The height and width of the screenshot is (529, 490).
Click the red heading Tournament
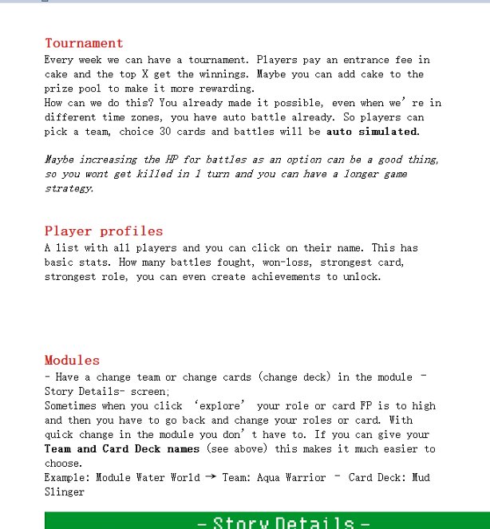coord(84,43)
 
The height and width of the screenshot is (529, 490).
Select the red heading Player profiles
coord(104,231)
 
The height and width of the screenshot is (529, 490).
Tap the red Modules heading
coord(72,361)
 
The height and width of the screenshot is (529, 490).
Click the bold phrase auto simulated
coord(372,132)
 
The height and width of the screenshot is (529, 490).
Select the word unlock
coord(362,277)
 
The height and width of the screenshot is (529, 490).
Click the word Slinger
coord(64,492)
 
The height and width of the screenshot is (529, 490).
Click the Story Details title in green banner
coord(283,523)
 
